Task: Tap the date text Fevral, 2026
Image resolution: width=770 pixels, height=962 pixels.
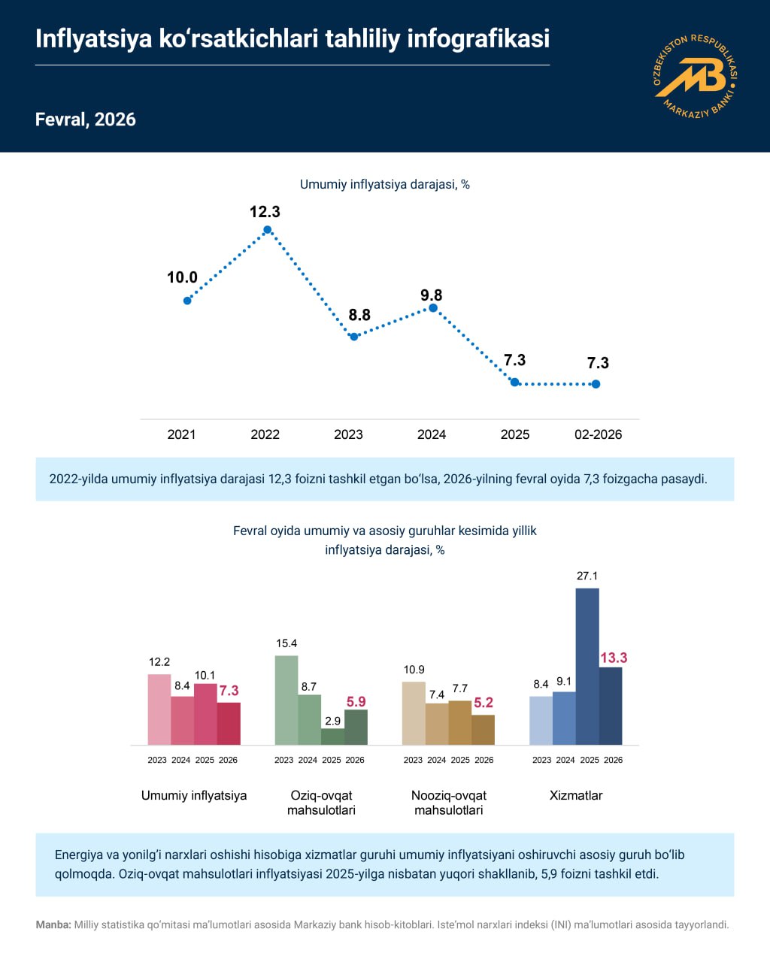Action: tap(85, 119)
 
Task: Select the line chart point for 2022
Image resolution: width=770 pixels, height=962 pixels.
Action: tap(267, 229)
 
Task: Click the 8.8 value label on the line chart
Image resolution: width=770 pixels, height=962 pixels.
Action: tap(359, 315)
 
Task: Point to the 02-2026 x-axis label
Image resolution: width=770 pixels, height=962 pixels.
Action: tap(598, 434)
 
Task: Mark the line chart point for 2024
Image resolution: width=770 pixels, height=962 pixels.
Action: tap(432, 307)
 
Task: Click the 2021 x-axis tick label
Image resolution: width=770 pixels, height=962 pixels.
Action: tap(181, 434)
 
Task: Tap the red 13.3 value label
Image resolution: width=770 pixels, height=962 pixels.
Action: tap(613, 658)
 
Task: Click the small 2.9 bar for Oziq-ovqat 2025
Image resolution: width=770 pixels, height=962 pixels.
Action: tap(332, 737)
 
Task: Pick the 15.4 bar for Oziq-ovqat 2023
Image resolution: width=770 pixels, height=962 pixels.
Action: tap(286, 700)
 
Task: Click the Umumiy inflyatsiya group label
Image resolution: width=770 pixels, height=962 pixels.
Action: tap(194, 795)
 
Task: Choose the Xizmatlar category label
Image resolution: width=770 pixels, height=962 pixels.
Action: tap(576, 795)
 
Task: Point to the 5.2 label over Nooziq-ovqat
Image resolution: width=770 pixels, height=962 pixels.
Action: tap(484, 703)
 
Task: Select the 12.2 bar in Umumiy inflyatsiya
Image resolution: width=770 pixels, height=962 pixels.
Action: tap(159, 709)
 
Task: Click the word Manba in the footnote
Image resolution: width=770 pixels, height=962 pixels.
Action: tap(53, 925)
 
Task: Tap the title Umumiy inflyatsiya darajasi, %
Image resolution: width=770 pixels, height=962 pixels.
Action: tap(384, 184)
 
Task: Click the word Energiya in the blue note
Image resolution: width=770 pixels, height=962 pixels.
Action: tap(79, 855)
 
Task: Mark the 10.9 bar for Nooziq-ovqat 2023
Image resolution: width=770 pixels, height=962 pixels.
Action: tap(414, 713)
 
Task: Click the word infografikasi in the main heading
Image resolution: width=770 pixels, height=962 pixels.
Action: tap(478, 38)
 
